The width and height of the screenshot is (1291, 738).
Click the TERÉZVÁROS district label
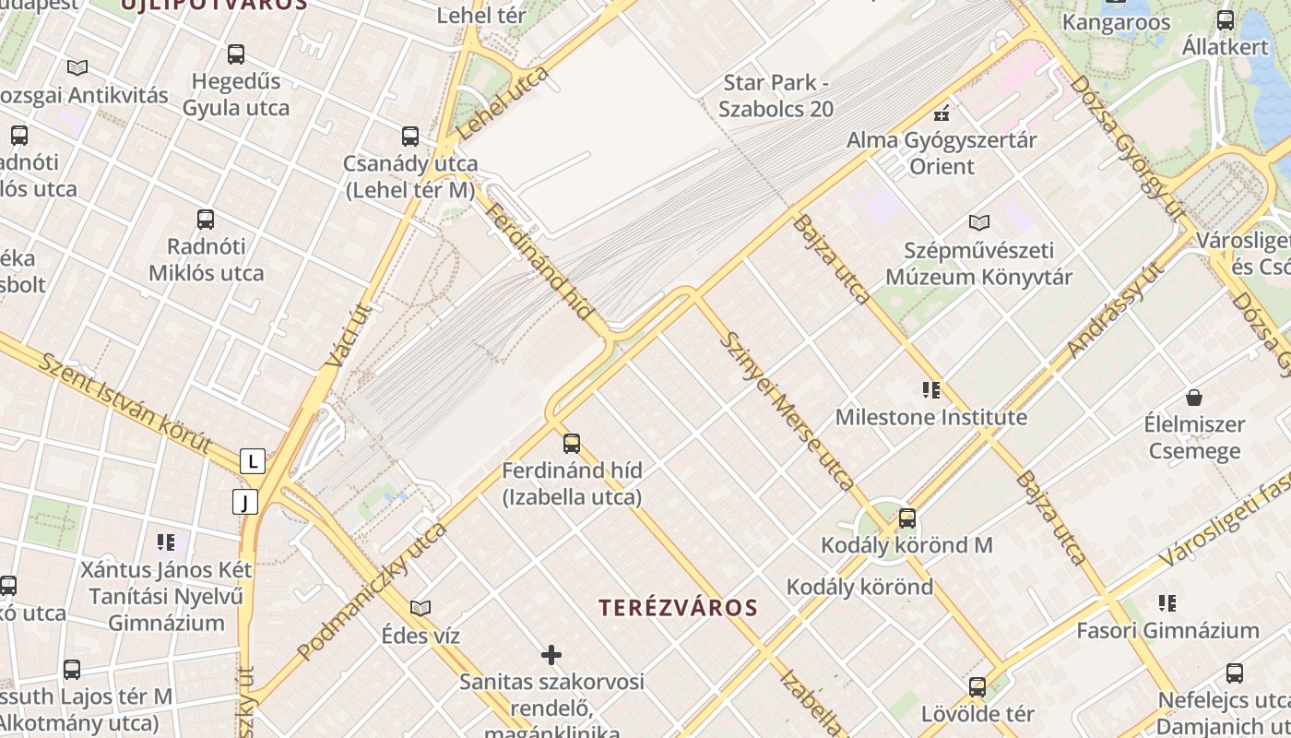(x=678, y=608)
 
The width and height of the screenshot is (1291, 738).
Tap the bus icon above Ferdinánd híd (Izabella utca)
(x=572, y=444)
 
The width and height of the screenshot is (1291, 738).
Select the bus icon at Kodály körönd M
(x=907, y=518)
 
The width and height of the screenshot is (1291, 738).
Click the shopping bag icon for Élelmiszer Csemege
(x=1194, y=398)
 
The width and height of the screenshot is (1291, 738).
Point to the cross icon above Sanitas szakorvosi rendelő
(x=551, y=655)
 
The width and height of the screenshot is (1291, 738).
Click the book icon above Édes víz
(x=420, y=609)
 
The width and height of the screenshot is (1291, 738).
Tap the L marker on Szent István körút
(x=252, y=461)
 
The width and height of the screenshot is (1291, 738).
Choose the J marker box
(x=244, y=503)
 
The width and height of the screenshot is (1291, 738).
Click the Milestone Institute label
(x=930, y=417)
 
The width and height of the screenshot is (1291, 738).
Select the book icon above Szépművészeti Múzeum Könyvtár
(x=978, y=222)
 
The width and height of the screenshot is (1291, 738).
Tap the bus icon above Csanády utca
(x=410, y=137)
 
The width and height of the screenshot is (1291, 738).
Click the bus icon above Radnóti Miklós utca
(x=206, y=220)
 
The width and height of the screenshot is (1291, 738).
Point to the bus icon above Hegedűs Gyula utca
(x=236, y=54)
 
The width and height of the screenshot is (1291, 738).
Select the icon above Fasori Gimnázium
(x=1167, y=603)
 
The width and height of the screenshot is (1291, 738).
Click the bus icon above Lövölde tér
(x=977, y=687)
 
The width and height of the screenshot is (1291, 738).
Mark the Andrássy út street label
(x=1114, y=310)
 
